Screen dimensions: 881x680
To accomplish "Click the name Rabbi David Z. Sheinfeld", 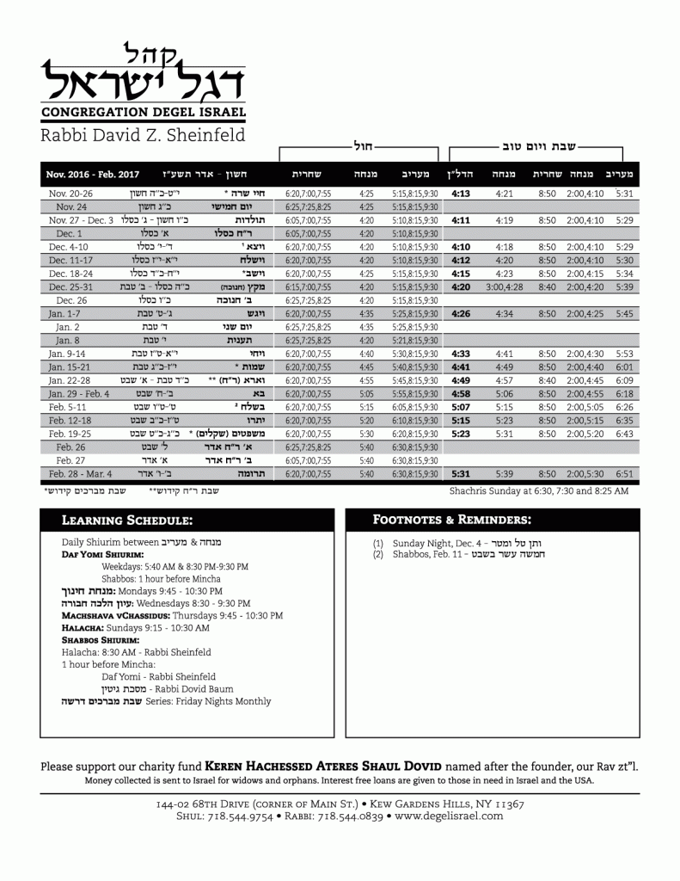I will click(143, 135).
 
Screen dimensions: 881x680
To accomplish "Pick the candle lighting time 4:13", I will click(461, 194).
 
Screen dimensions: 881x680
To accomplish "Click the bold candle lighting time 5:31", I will click(461, 474).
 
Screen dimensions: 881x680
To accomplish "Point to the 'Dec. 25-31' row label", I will click(71, 286).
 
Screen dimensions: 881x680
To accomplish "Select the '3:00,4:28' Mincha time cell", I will click(505, 286).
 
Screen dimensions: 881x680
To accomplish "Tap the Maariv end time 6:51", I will click(625, 474).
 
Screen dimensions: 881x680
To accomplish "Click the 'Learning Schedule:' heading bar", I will click(187, 521).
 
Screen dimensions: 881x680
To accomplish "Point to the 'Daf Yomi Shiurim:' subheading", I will click(95, 556).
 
